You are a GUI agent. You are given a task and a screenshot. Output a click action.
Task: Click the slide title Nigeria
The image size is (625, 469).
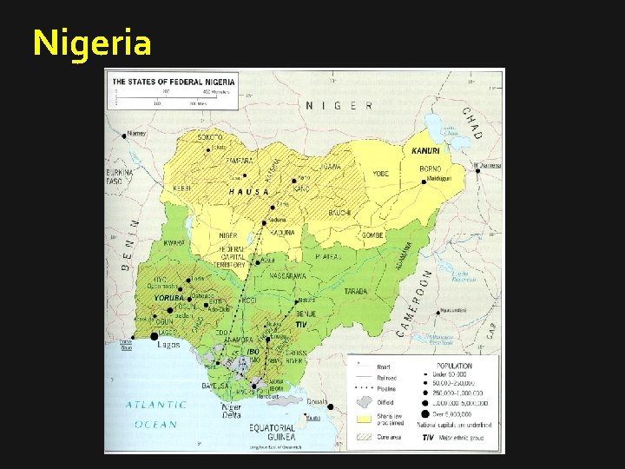[92, 42]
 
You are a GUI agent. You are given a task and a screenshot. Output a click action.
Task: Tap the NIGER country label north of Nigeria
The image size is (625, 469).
[339, 105]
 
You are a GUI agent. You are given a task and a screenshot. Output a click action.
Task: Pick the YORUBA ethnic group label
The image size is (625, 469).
[169, 298]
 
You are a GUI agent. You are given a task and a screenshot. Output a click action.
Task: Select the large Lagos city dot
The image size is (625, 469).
[155, 335]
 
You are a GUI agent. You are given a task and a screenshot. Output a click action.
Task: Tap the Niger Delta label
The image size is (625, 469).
[232, 411]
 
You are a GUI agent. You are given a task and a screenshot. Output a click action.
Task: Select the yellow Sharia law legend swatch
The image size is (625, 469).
[364, 419]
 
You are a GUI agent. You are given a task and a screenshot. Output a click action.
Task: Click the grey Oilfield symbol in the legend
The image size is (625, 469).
[364, 402]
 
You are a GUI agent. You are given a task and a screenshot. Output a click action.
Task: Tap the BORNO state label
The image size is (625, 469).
[430, 168]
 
